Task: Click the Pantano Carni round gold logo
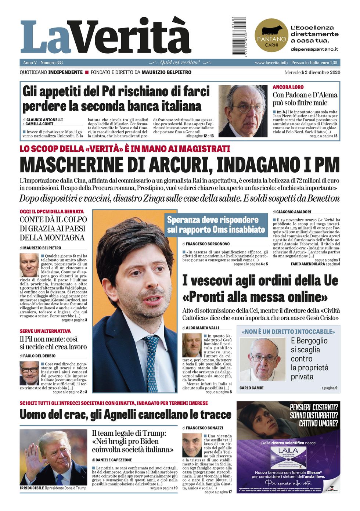point(271,35)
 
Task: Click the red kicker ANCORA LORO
point(288,87)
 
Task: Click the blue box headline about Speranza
point(216,224)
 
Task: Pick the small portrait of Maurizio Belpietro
point(29,265)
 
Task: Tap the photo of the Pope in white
point(262,359)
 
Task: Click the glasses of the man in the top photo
point(249,108)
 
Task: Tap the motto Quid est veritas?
point(180,62)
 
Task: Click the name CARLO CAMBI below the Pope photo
point(251,388)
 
